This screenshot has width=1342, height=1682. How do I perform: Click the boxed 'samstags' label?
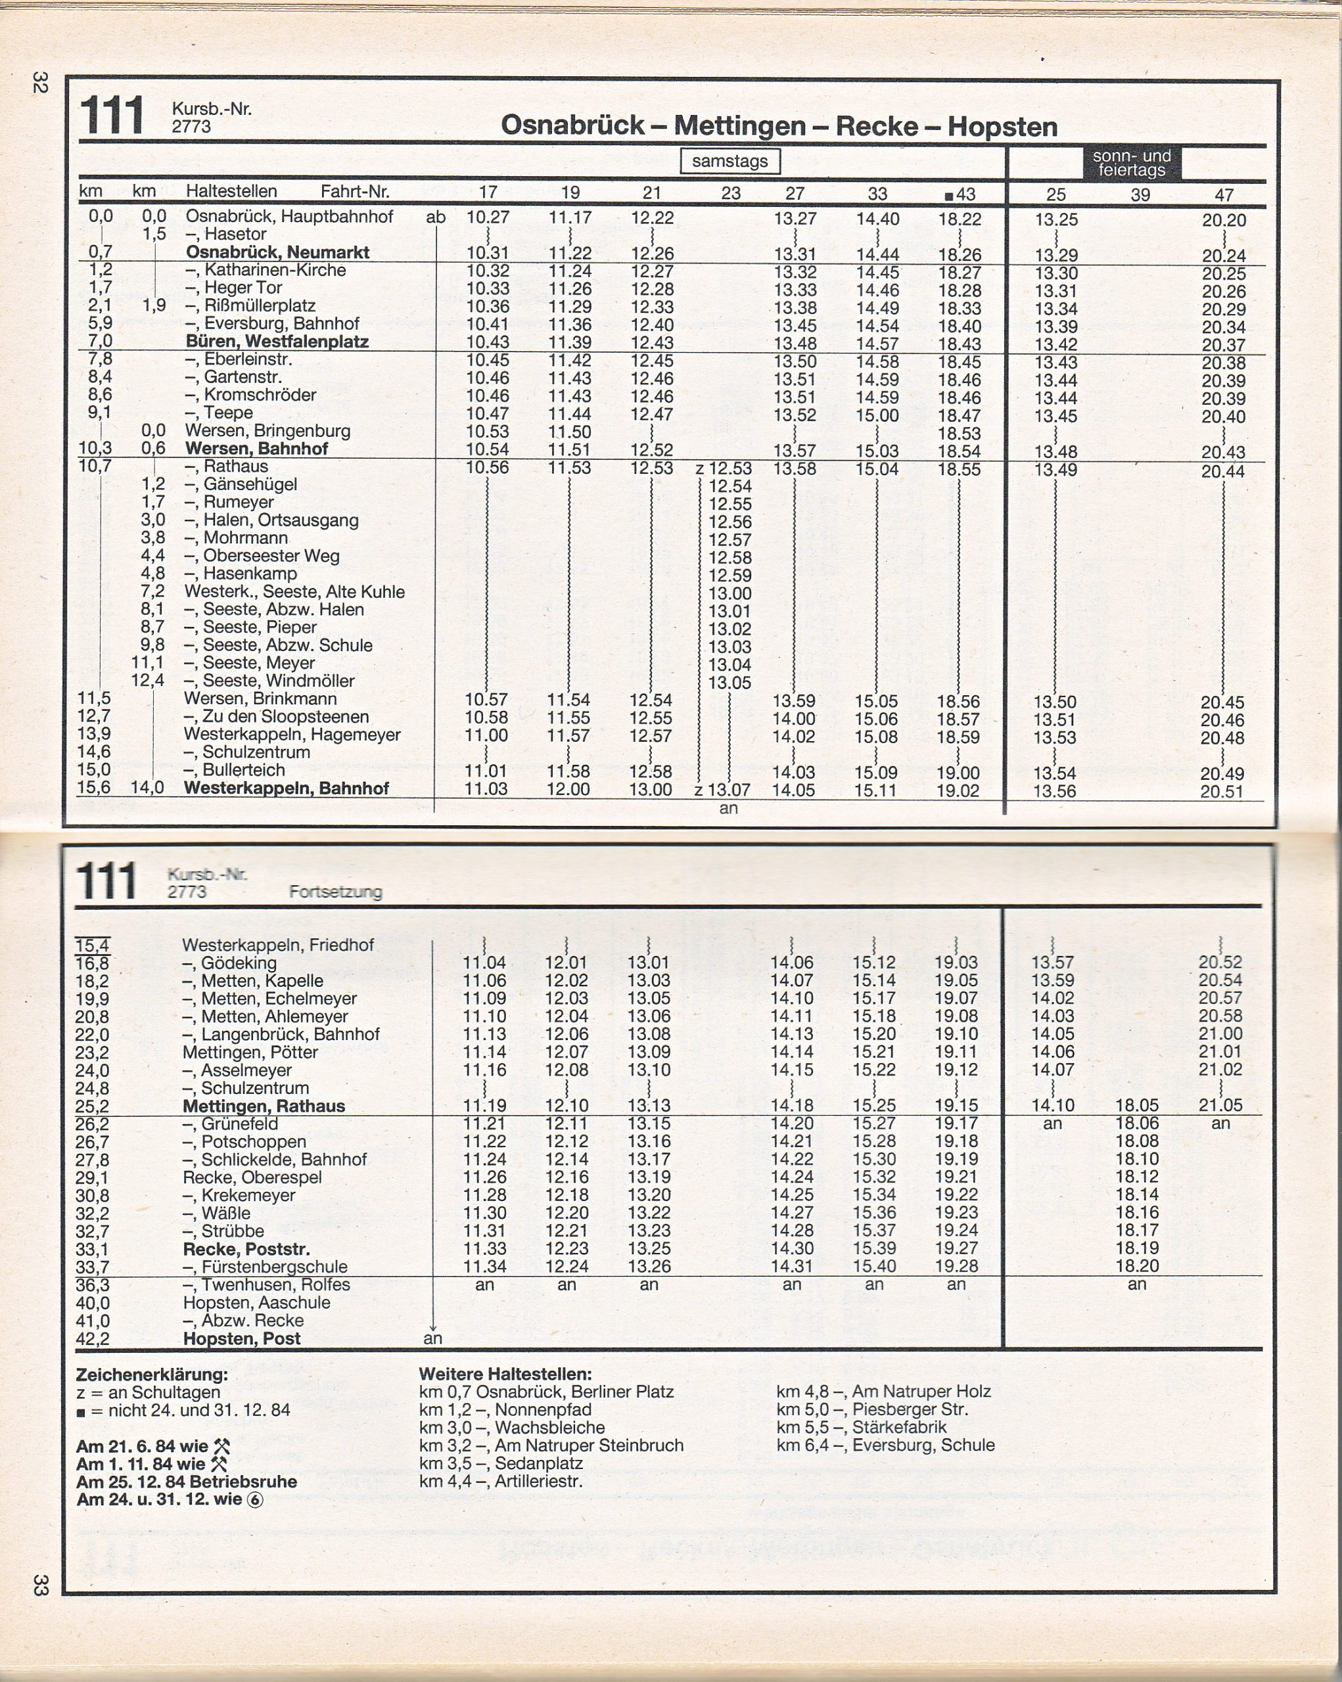729,162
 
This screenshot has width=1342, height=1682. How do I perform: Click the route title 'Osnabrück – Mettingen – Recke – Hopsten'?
779,125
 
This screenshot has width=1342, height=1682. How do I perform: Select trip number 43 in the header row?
960,193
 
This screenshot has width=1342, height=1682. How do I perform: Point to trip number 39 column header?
1140,194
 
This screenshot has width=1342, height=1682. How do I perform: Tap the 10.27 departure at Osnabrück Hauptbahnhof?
487,217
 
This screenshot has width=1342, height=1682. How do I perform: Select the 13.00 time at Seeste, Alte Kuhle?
730,593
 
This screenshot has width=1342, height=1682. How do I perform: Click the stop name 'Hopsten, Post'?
241,1339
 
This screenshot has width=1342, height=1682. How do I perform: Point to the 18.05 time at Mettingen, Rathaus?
1137,1106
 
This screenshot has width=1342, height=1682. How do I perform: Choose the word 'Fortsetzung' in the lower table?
335,892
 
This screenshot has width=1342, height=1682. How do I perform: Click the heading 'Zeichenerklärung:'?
152,1375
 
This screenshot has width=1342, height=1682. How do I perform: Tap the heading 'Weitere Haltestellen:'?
505,1374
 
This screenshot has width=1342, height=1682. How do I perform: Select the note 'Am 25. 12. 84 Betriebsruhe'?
187,1482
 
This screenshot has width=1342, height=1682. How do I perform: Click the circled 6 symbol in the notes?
255,1500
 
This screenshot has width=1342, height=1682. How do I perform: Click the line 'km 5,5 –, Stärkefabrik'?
862,1427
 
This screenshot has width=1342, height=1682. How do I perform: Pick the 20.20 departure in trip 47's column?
1224,220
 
